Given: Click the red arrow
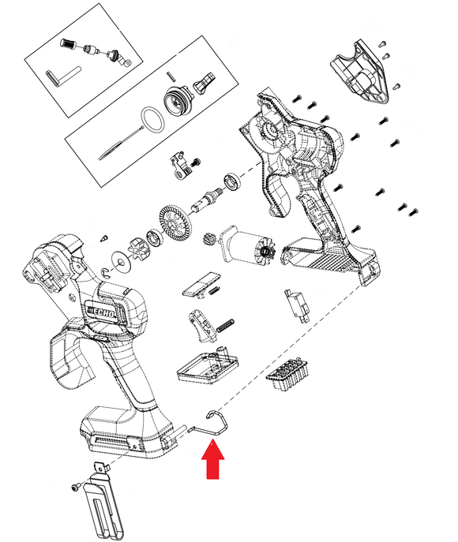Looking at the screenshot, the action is [213, 460].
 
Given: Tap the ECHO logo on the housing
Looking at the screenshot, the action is [102, 310].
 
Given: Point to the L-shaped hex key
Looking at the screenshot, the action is [62, 77].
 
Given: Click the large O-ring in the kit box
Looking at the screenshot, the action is [152, 119].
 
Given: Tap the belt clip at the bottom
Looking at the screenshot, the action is [103, 501].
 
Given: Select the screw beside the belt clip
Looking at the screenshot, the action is [75, 487].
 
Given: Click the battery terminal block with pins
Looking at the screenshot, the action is [287, 374].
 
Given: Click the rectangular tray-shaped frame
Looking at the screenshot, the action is [208, 366].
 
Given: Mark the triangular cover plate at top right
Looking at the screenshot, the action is [360, 72].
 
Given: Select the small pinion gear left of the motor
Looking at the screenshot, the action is [209, 238].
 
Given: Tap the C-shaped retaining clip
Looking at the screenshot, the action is [106, 272].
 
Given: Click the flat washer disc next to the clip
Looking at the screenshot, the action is [121, 262].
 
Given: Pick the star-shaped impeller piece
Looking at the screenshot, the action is [139, 249].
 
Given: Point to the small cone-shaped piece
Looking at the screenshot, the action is [104, 238].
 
